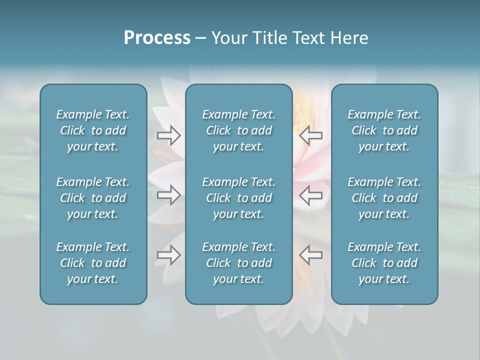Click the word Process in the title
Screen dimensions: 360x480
(157, 38)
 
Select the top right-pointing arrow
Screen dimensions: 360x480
(168, 135)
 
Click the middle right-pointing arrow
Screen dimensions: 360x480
(168, 194)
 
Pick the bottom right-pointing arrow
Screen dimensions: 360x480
(168, 255)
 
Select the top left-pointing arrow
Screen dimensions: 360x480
(311, 135)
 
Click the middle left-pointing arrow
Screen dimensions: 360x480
(311, 194)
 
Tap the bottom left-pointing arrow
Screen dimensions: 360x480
(311, 255)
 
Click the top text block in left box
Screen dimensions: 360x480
(93, 130)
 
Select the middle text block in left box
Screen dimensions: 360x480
(93, 198)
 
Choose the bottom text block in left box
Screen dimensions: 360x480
(93, 263)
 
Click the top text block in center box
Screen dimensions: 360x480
(238, 130)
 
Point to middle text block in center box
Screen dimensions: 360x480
(238, 198)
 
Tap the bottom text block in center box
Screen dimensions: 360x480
(238, 263)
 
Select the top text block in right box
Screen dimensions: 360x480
(384, 130)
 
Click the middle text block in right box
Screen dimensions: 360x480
(384, 198)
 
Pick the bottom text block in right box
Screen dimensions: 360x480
(384, 263)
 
